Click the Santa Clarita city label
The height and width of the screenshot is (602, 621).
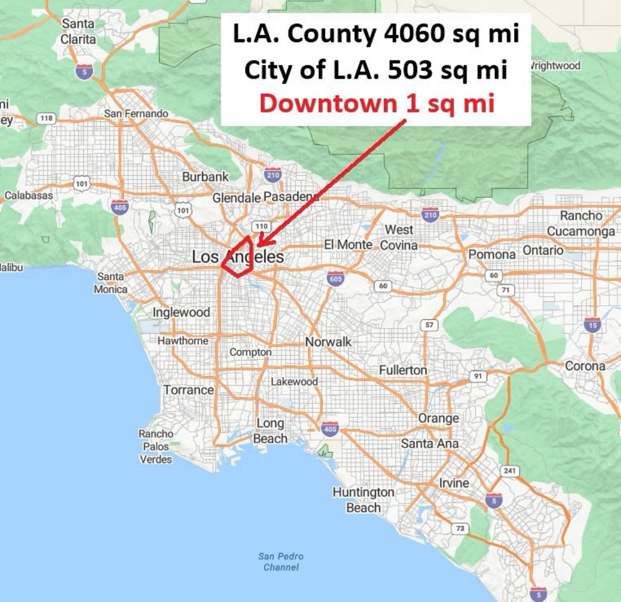coord(79,31)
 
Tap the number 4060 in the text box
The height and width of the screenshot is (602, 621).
coord(412,35)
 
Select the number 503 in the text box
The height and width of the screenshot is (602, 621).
coord(412,70)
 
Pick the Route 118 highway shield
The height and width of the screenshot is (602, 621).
coord(46,118)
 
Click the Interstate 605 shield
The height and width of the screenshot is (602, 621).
coord(336,278)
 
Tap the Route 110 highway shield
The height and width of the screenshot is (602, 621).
coord(262,226)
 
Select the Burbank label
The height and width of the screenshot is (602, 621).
coord(205,177)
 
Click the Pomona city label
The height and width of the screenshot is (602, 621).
coord(492,255)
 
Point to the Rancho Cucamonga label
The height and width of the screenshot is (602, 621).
coord(581,223)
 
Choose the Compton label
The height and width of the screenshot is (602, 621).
coord(251,352)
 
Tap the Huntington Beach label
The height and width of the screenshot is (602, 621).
coord(363,499)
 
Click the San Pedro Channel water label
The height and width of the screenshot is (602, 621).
coord(281,561)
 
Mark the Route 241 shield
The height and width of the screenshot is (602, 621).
coord(510,470)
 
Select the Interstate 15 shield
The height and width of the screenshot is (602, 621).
coord(592,325)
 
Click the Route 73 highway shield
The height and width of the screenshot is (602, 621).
coord(460,528)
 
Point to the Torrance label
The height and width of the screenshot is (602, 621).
coord(189,390)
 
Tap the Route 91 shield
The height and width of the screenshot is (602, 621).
coord(478,376)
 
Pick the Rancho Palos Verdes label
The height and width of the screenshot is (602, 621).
coord(156,446)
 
